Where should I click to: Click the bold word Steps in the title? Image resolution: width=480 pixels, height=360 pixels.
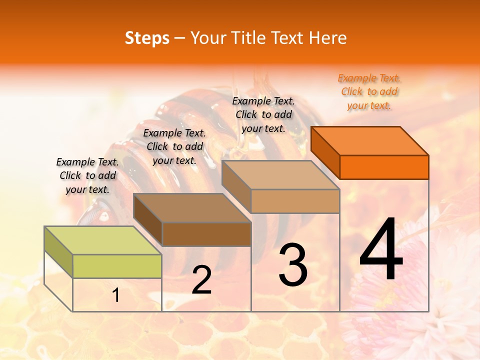click(147, 38)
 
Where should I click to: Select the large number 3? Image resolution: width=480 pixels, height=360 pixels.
click(293, 264)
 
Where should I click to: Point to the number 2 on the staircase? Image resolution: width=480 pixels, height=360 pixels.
click(201, 280)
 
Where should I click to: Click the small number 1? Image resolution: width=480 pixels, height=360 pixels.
click(116, 295)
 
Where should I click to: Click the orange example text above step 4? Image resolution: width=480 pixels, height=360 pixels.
click(369, 92)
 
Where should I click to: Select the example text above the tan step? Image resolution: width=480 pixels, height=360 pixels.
click(263, 114)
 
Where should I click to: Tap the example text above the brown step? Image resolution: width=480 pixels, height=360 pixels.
click(174, 146)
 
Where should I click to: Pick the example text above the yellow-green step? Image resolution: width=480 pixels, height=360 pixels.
click(87, 175)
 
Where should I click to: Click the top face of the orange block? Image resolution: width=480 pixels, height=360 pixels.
click(370, 140)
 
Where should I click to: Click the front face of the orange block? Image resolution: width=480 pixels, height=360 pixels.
click(384, 167)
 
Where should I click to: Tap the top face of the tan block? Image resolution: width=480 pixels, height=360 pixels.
click(280, 175)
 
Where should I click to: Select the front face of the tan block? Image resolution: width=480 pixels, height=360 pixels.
click(295, 201)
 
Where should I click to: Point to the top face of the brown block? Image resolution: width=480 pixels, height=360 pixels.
click(192, 208)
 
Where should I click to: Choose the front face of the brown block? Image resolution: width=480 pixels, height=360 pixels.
click(206, 234)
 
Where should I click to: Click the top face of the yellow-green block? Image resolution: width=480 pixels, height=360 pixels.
click(102, 240)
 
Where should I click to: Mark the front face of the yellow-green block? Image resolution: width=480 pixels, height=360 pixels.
click(117, 266)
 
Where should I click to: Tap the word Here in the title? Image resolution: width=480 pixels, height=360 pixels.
click(327, 38)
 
